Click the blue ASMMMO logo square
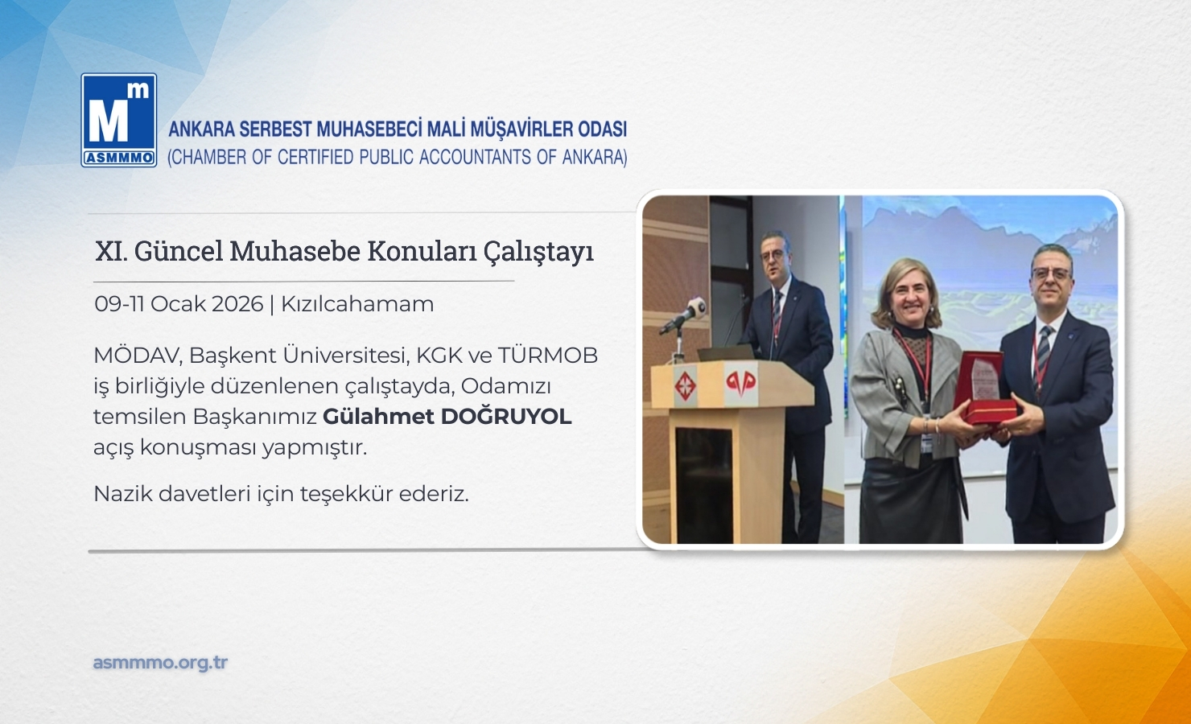click(119, 120)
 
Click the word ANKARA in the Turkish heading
click(201, 130)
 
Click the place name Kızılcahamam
click(357, 304)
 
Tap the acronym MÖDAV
click(138, 356)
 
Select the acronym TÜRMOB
click(548, 356)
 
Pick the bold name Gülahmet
click(378, 418)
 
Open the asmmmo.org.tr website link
click(160, 663)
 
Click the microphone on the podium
click(683, 315)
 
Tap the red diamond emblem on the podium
click(686, 385)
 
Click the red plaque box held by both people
click(984, 389)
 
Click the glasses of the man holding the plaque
click(1051, 274)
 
